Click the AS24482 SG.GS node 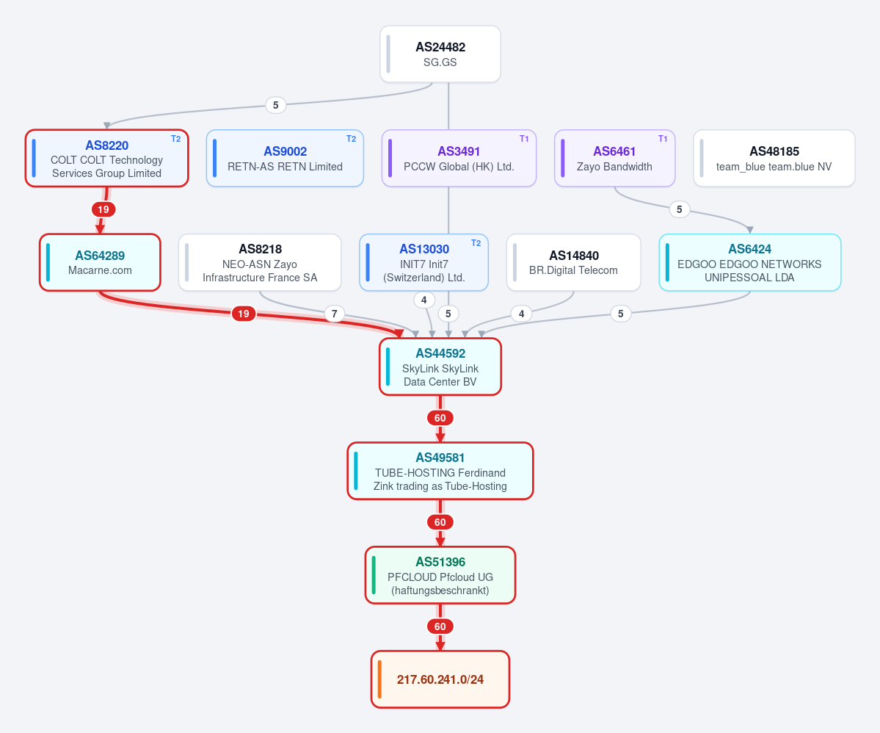(440, 54)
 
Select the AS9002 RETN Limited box (285, 159)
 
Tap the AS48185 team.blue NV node (774, 159)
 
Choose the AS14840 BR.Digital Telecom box (573, 262)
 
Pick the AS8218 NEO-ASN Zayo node (260, 262)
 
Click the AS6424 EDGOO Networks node (750, 262)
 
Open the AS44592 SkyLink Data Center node (440, 366)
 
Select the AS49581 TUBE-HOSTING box (440, 471)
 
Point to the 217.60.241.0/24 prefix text (440, 679)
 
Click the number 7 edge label (335, 314)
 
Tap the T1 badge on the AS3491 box (524, 139)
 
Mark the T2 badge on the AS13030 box (476, 243)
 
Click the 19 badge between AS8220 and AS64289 (103, 209)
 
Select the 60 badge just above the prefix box (440, 627)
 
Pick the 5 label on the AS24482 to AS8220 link (275, 105)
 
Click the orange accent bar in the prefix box (380, 679)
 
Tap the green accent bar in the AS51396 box (374, 575)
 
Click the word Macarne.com (100, 270)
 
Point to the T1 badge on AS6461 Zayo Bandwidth (663, 139)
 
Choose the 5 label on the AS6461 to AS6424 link (679, 209)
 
